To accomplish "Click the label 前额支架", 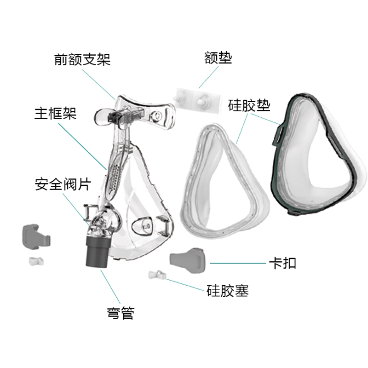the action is point(82,59).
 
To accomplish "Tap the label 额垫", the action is point(218,58).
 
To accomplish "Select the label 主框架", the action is point(56,113).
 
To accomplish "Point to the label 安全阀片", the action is point(63,184).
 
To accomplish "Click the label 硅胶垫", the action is point(249,105).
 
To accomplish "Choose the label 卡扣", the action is point(282,263).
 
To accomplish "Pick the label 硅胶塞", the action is point(228,291).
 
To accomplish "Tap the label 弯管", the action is point(121,313).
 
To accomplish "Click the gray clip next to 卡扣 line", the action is point(188,260).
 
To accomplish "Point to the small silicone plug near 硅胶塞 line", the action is point(157,275).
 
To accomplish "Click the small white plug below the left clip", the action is point(36,261).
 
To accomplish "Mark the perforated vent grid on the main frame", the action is point(115,177).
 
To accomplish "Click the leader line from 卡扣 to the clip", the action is point(238,263).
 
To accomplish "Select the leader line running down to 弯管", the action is point(110,287).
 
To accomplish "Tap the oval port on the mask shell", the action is point(142,226).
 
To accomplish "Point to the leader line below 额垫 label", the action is point(209,77).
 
